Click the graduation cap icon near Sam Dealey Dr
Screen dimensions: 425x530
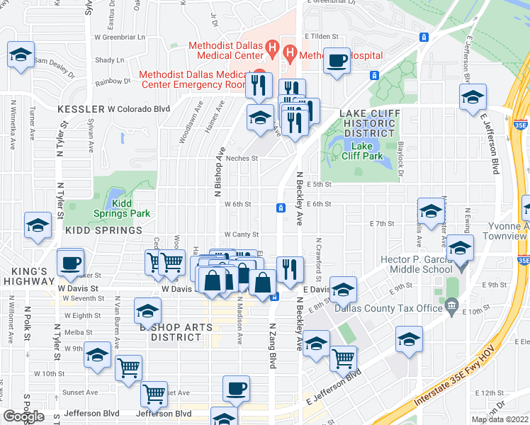click(21, 55)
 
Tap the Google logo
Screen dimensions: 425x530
click(23, 416)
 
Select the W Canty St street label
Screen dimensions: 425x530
click(242, 234)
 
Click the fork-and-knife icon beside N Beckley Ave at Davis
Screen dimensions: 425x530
click(290, 268)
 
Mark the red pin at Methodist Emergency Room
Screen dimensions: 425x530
click(259, 73)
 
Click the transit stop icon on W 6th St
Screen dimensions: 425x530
click(281, 208)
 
